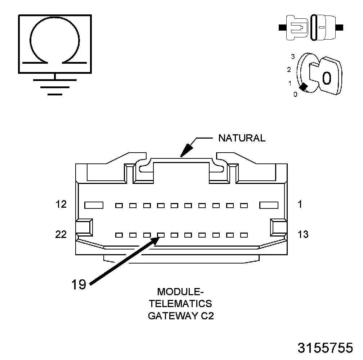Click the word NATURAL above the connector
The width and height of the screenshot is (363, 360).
point(242,138)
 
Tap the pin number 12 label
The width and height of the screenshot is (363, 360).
point(61,204)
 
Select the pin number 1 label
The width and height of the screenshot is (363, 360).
point(300,204)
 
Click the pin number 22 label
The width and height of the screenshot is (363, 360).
point(61,234)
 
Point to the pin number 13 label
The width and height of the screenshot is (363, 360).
point(303,234)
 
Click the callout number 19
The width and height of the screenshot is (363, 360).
point(78,285)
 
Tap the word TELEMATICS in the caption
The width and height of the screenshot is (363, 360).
point(181,303)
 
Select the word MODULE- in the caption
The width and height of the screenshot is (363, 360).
point(181,291)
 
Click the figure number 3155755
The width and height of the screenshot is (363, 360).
point(325,348)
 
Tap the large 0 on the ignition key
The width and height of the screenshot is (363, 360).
point(326,77)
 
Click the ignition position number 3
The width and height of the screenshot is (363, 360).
point(293,57)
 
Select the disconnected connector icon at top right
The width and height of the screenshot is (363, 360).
point(311,27)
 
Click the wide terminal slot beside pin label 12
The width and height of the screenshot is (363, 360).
point(94,205)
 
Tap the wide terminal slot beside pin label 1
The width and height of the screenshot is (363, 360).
point(269,205)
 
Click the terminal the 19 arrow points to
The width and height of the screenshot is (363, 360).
point(161,235)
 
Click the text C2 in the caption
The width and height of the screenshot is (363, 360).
point(207,316)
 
